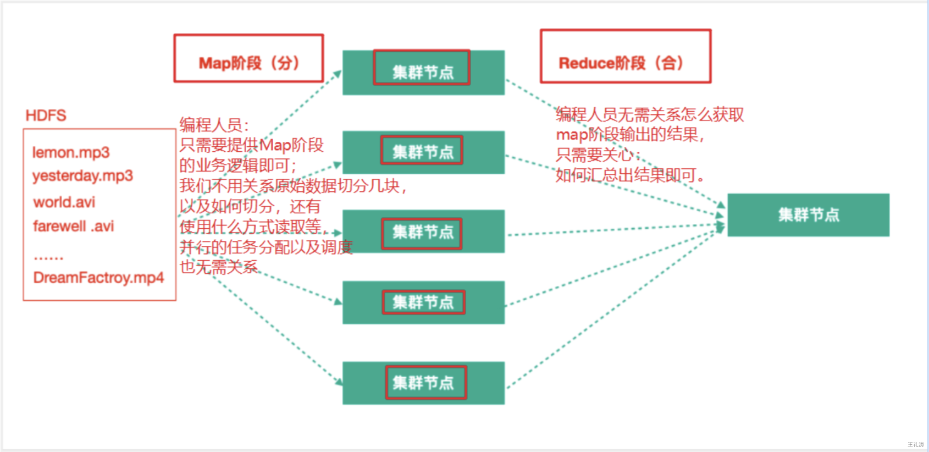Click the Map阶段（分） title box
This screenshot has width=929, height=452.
tap(248, 59)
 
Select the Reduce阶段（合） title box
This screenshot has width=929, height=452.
tap(625, 57)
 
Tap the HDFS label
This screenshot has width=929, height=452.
tap(46, 115)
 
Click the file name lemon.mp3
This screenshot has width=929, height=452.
tap(71, 152)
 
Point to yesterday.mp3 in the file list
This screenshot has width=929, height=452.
tap(82, 176)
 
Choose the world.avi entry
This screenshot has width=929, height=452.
tap(64, 202)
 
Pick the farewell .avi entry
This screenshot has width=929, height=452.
tap(73, 226)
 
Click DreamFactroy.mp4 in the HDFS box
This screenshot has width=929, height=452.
tap(98, 278)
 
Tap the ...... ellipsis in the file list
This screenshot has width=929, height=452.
tap(48, 256)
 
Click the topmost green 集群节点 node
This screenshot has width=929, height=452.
tap(423, 72)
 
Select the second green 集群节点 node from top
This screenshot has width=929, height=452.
tap(423, 152)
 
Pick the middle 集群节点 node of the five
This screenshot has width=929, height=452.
tap(423, 231)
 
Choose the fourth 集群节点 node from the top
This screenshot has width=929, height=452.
tap(423, 302)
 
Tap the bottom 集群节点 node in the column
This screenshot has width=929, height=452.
tap(423, 383)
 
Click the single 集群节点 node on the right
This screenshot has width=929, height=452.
tap(808, 215)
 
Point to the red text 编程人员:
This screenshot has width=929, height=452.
tap(214, 125)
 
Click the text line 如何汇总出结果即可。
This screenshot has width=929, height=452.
tap(631, 175)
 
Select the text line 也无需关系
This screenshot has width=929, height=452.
tap(219, 267)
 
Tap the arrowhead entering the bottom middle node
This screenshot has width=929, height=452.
tap(339, 381)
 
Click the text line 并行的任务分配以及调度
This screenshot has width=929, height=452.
tap(266, 247)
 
